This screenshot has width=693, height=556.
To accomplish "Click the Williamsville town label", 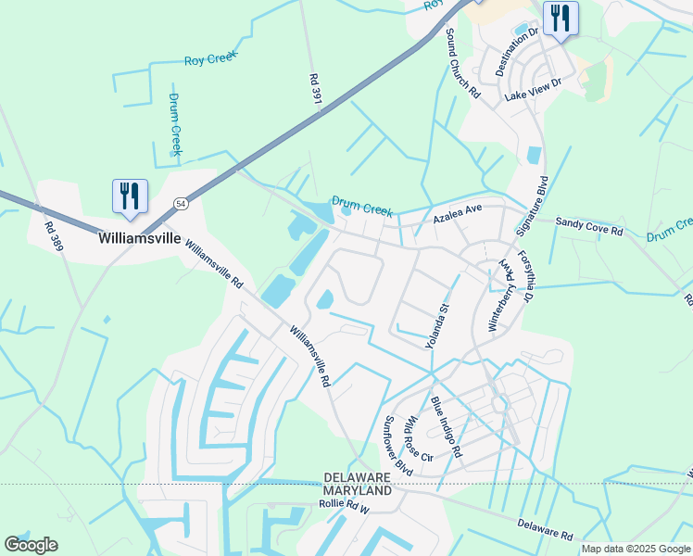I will pos(139,237).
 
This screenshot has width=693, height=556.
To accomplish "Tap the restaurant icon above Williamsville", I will pos(129,196).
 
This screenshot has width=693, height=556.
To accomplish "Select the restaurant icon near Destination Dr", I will pos(561,19).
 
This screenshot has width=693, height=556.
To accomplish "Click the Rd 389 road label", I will pos(54,239).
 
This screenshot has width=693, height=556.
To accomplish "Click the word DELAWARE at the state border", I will pos(358,477).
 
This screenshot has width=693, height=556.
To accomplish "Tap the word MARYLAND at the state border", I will pos(358,489).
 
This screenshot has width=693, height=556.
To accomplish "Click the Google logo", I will pos(31,545).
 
